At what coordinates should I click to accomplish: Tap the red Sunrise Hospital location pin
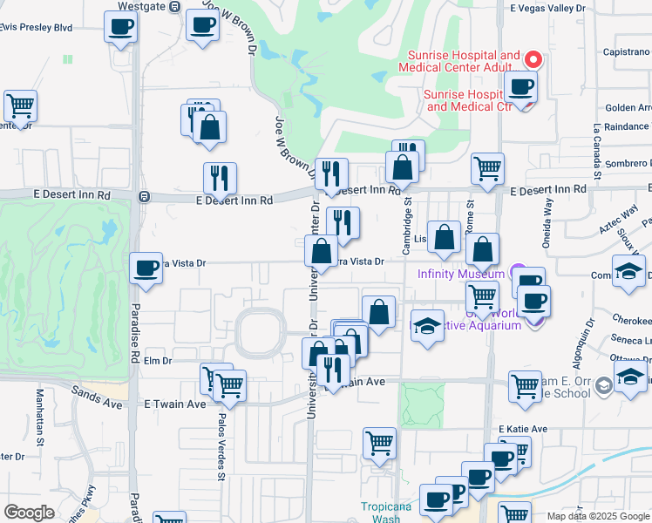533,59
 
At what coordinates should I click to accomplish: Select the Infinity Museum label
462,273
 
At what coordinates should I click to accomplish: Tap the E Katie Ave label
523,429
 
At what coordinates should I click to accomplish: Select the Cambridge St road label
405,227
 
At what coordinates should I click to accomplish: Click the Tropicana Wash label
381,512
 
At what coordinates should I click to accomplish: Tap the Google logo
30,513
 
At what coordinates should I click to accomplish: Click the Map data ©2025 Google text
597,516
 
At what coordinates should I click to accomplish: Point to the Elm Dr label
159,360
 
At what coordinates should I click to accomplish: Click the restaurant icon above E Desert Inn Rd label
220,178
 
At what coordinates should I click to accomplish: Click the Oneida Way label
548,219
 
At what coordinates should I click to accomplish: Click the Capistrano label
627,51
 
